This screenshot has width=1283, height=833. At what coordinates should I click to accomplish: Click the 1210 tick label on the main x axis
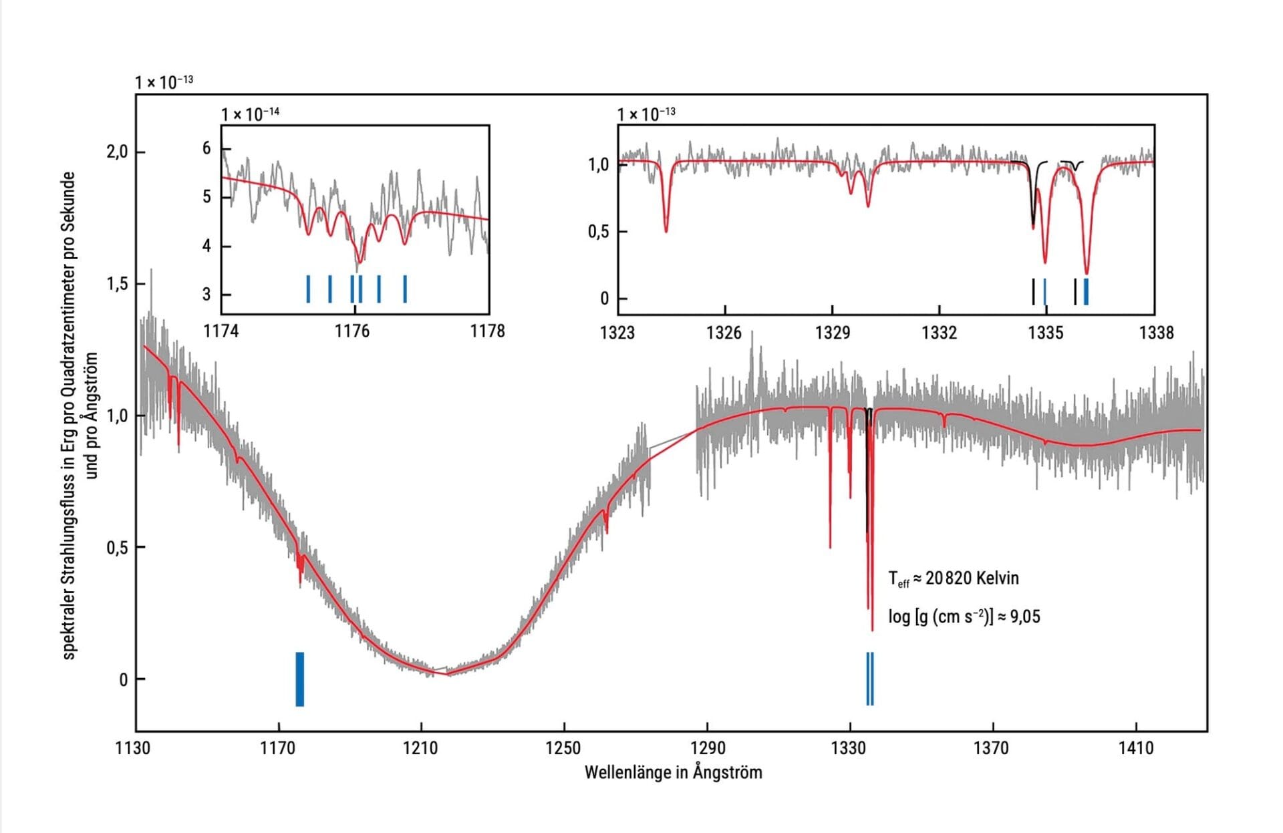point(420,748)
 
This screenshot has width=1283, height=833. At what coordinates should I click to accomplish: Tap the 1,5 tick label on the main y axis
point(116,285)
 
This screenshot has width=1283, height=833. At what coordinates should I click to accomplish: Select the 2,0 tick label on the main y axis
point(116,152)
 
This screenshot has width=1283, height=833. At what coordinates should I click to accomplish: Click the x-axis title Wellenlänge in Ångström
point(673,773)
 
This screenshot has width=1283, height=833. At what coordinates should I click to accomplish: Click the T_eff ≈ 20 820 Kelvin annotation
point(954,578)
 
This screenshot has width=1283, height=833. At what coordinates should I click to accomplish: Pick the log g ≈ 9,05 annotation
point(964,617)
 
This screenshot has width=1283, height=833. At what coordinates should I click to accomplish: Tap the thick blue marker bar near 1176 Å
point(300,679)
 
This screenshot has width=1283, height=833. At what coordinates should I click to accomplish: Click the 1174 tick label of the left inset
point(221,331)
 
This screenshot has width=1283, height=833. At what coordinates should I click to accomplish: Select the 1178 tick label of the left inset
point(487,331)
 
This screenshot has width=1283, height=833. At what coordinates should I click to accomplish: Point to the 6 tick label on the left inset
point(206,148)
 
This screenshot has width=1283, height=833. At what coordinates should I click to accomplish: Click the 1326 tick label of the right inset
point(724,333)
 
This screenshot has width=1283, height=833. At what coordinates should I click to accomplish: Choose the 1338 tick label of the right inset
point(1156,333)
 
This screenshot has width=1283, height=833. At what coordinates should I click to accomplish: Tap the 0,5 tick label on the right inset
point(598,232)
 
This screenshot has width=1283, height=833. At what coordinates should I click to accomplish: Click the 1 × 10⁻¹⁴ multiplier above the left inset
point(251,114)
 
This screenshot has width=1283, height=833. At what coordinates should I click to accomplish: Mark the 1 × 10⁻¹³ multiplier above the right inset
point(646,114)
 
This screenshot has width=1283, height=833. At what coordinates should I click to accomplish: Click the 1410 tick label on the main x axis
point(1136,748)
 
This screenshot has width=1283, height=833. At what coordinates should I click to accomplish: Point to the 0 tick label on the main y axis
point(123,680)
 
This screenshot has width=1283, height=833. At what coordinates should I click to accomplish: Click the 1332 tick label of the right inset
point(939,333)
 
